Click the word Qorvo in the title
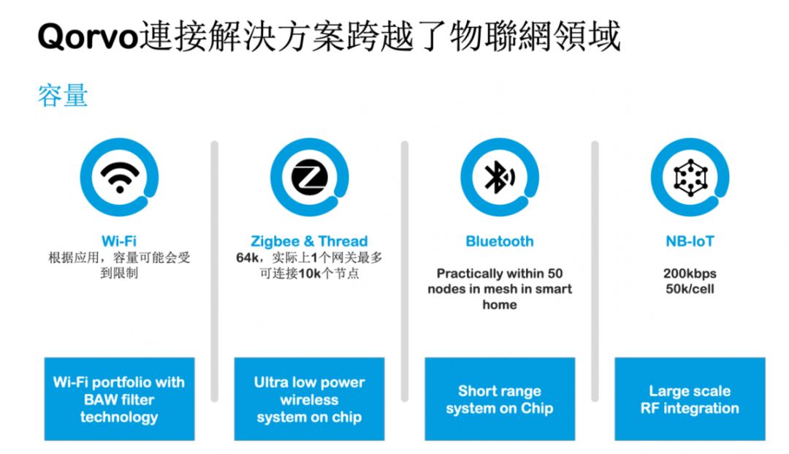87,36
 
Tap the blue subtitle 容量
62,95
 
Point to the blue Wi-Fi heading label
119,241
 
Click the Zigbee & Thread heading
309,241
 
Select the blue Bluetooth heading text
500,241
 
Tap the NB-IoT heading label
690,241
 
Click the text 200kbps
690,273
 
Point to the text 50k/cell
690,289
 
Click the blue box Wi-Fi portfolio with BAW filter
119,399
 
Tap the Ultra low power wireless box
309,399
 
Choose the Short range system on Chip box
500,399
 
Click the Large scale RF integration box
690,399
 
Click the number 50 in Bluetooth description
554,273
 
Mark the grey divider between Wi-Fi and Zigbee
214,270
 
